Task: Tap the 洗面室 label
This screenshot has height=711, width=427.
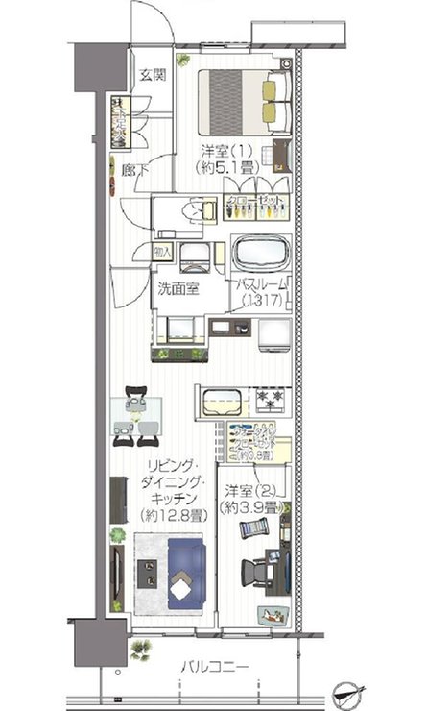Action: click(178, 286)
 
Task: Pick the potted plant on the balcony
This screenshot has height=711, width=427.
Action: click(141, 651)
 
